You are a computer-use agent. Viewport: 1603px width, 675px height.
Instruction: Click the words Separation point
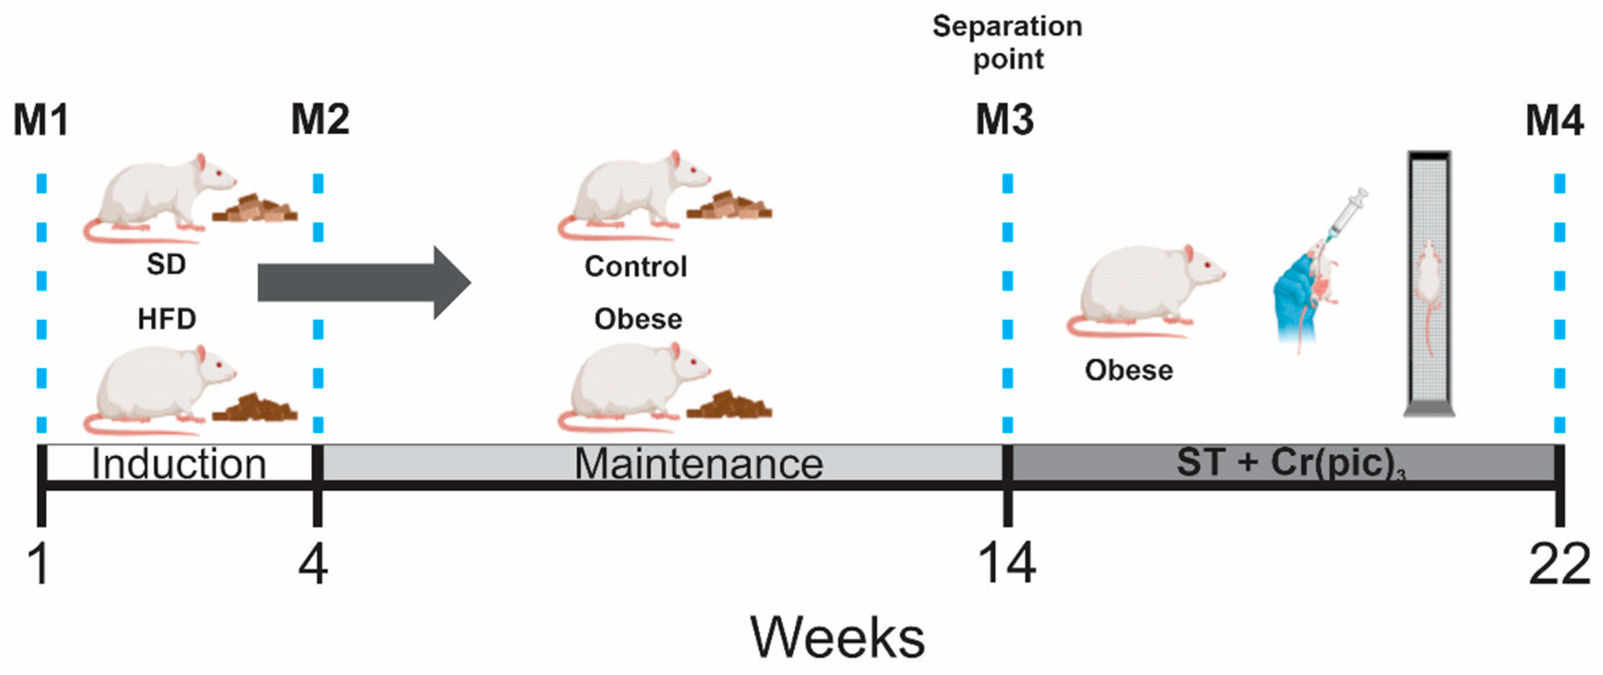1008,43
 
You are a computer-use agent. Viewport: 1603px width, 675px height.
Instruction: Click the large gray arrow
365,283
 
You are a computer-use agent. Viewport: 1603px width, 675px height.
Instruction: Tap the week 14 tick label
1007,564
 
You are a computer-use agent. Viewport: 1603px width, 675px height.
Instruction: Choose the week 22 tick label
1559,564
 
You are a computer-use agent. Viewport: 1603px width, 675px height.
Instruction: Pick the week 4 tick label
313,564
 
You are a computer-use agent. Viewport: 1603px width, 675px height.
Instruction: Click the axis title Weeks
838,637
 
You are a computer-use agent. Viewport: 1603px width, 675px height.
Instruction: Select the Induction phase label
179,464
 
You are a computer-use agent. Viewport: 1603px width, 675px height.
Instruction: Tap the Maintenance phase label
699,464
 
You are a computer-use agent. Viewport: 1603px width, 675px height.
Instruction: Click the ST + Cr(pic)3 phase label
1291,464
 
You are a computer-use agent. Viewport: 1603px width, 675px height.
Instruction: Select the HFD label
167,319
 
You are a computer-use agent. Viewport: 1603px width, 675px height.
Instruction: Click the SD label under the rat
166,265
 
